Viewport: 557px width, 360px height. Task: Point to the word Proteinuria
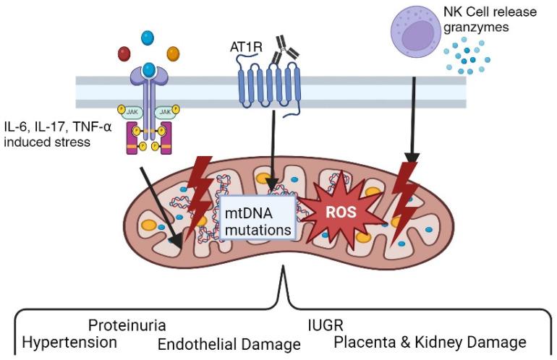[127, 325]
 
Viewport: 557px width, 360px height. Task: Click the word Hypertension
[69, 341]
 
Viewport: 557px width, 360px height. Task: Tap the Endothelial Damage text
[229, 343]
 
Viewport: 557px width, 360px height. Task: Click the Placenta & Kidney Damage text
[430, 342]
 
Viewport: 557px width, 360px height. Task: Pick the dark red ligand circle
[124, 54]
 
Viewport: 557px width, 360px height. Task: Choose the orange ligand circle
[172, 53]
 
